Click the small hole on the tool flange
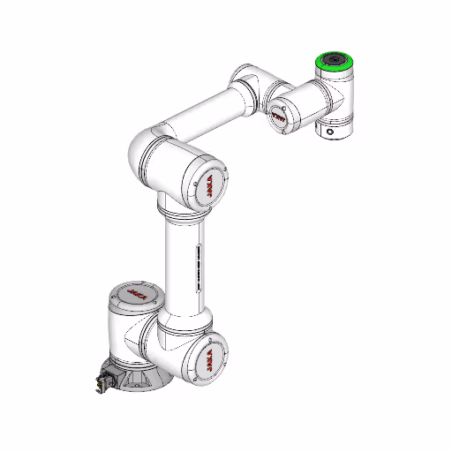pyautogui.click(x=331, y=132)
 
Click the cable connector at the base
pyautogui.click(x=102, y=381)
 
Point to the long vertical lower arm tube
pyautogui.click(x=181, y=265)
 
